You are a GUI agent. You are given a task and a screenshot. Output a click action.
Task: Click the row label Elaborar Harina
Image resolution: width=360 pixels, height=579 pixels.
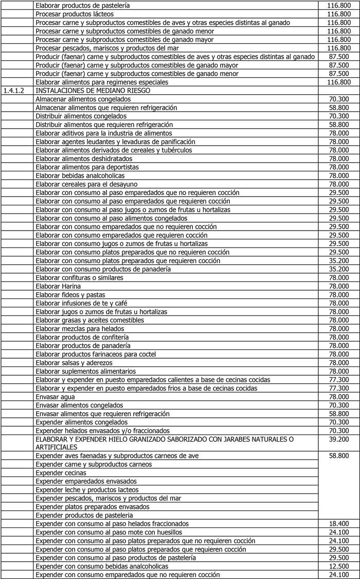coord(56,286)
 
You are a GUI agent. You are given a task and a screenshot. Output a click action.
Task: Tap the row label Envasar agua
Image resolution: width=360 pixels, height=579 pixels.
coord(56,397)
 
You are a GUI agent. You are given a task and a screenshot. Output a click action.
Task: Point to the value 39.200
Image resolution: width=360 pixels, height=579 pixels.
coord(339,439)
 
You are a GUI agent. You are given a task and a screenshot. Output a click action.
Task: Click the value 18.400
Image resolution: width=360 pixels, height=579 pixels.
coord(339,523)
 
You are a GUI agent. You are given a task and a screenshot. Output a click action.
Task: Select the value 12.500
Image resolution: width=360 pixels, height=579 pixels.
coord(339,566)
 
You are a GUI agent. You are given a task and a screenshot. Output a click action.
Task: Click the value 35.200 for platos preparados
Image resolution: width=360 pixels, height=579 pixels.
coord(339,261)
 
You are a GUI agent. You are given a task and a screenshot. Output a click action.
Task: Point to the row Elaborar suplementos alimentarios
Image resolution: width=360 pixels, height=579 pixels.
coord(86,371)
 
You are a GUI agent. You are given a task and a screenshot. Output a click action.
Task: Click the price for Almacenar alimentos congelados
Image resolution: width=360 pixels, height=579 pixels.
coord(339,99)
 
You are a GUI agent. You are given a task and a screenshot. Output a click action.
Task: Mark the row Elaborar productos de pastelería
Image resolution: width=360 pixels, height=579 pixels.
coord(82,6)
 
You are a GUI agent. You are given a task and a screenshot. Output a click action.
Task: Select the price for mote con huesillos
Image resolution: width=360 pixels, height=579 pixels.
coord(339,532)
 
